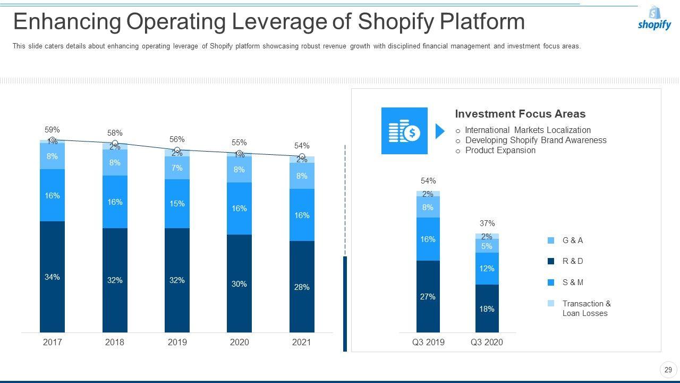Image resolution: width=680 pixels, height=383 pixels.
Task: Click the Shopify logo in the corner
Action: (654, 19)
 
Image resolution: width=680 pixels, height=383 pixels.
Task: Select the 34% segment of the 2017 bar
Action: (52, 277)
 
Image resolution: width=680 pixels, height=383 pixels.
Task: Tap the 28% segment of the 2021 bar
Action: (302, 287)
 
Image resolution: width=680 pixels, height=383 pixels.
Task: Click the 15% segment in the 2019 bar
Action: (177, 204)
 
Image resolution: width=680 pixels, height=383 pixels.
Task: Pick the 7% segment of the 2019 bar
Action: (177, 168)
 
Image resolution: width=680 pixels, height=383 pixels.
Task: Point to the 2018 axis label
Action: (115, 342)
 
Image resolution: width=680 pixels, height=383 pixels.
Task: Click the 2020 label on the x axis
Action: (239, 342)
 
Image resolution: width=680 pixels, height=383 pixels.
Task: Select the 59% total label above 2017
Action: (52, 130)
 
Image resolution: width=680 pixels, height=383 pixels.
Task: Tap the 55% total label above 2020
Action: (239, 143)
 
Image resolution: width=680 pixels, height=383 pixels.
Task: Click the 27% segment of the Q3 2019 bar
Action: (428, 296)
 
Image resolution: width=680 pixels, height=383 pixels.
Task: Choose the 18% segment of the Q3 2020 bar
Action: (487, 309)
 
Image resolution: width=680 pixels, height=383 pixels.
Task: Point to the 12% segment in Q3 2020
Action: (487, 269)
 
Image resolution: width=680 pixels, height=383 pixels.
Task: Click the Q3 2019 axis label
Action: (428, 342)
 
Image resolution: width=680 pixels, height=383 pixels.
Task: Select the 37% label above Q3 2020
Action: (487, 223)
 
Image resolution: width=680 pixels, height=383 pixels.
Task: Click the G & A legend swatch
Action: (551, 240)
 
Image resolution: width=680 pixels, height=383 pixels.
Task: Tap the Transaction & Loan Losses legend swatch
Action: (551, 304)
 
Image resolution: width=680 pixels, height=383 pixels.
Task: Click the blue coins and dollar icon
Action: (404, 131)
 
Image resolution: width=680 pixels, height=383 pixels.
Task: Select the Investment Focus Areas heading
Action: (520, 114)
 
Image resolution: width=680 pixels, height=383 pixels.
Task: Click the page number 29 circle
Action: (668, 370)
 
